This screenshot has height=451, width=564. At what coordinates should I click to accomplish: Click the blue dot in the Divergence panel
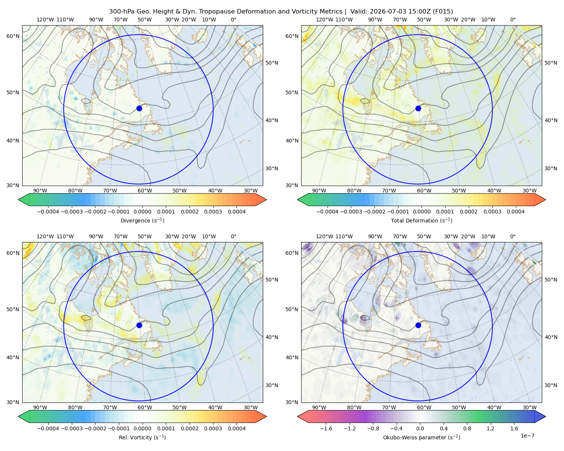tap(139, 108)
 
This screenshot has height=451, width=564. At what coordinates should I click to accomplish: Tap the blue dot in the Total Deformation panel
tap(418, 108)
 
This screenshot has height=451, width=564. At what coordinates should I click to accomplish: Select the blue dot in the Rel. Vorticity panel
tap(139, 325)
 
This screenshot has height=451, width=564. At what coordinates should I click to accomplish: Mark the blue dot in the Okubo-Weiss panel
tap(418, 325)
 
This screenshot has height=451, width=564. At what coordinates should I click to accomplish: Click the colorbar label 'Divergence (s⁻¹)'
tap(142, 220)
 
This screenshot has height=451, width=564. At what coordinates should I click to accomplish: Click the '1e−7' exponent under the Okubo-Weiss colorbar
tap(527, 436)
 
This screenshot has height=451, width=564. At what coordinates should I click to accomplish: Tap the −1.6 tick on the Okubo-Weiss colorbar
tap(326, 428)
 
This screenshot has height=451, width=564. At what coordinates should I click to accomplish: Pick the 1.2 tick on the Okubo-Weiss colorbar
tap(490, 428)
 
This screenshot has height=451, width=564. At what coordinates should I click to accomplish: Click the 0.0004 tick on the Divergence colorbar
tap(237, 212)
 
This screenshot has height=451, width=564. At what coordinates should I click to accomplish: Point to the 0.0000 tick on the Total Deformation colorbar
tap(422, 212)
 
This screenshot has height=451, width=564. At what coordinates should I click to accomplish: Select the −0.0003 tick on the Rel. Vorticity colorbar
tap(71, 428)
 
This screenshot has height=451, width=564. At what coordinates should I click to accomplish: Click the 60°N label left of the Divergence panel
tap(13, 36)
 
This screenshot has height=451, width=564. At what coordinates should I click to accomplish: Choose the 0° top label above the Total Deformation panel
tap(513, 20)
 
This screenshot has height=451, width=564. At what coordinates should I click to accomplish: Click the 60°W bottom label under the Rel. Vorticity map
tap(145, 407)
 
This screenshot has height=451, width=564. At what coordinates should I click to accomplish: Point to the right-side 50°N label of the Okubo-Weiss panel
tap(551, 280)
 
